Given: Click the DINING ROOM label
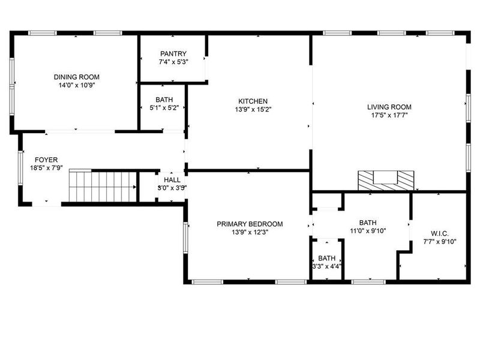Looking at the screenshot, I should pyautogui.click(x=76, y=77).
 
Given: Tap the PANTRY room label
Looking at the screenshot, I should pyautogui.click(x=173, y=53).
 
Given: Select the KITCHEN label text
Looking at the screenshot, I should pyautogui.click(x=253, y=101).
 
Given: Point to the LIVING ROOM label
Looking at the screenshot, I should pyautogui.click(x=389, y=107).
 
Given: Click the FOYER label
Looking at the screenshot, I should pyautogui.click(x=46, y=160).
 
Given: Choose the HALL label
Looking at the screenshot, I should pyautogui.click(x=172, y=179).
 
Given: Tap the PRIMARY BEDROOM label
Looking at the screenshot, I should pyautogui.click(x=250, y=224).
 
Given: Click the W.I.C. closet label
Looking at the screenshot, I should pyautogui.click(x=440, y=233).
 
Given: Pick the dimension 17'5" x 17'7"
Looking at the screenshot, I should pyautogui.click(x=389, y=116).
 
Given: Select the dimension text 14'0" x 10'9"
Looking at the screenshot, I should pyautogui.click(x=76, y=85).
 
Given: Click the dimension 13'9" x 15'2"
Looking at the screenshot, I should pyautogui.click(x=253, y=110).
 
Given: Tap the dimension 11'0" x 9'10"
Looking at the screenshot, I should pyautogui.click(x=368, y=230).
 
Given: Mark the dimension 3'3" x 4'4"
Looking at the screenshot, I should pyautogui.click(x=327, y=266).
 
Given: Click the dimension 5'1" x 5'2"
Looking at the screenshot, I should pyautogui.click(x=164, y=108).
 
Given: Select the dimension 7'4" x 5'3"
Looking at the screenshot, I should pyautogui.click(x=173, y=62).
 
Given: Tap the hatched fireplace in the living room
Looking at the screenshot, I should pyautogui.click(x=386, y=179).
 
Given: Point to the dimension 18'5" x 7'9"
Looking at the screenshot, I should pyautogui.click(x=46, y=168).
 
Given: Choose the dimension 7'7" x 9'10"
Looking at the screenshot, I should pyautogui.click(x=440, y=242).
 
